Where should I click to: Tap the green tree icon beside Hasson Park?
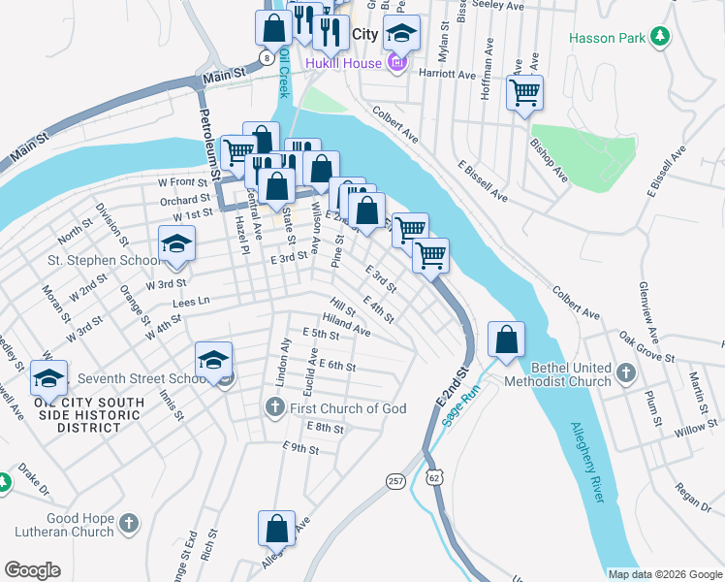point(661,37)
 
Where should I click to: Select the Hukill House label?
point(343,64)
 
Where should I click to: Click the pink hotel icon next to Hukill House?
point(395,64)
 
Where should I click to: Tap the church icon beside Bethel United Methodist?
point(627,371)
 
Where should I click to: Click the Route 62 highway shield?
point(433,477)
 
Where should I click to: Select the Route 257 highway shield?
point(395,481)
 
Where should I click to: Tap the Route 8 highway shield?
point(266,57)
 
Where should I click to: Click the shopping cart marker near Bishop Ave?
point(524,94)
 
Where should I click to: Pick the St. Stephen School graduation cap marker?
point(177,244)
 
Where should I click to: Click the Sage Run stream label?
point(461,404)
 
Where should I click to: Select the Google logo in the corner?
point(32,570)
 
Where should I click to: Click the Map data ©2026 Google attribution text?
point(665,574)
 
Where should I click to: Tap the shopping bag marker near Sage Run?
point(506,340)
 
